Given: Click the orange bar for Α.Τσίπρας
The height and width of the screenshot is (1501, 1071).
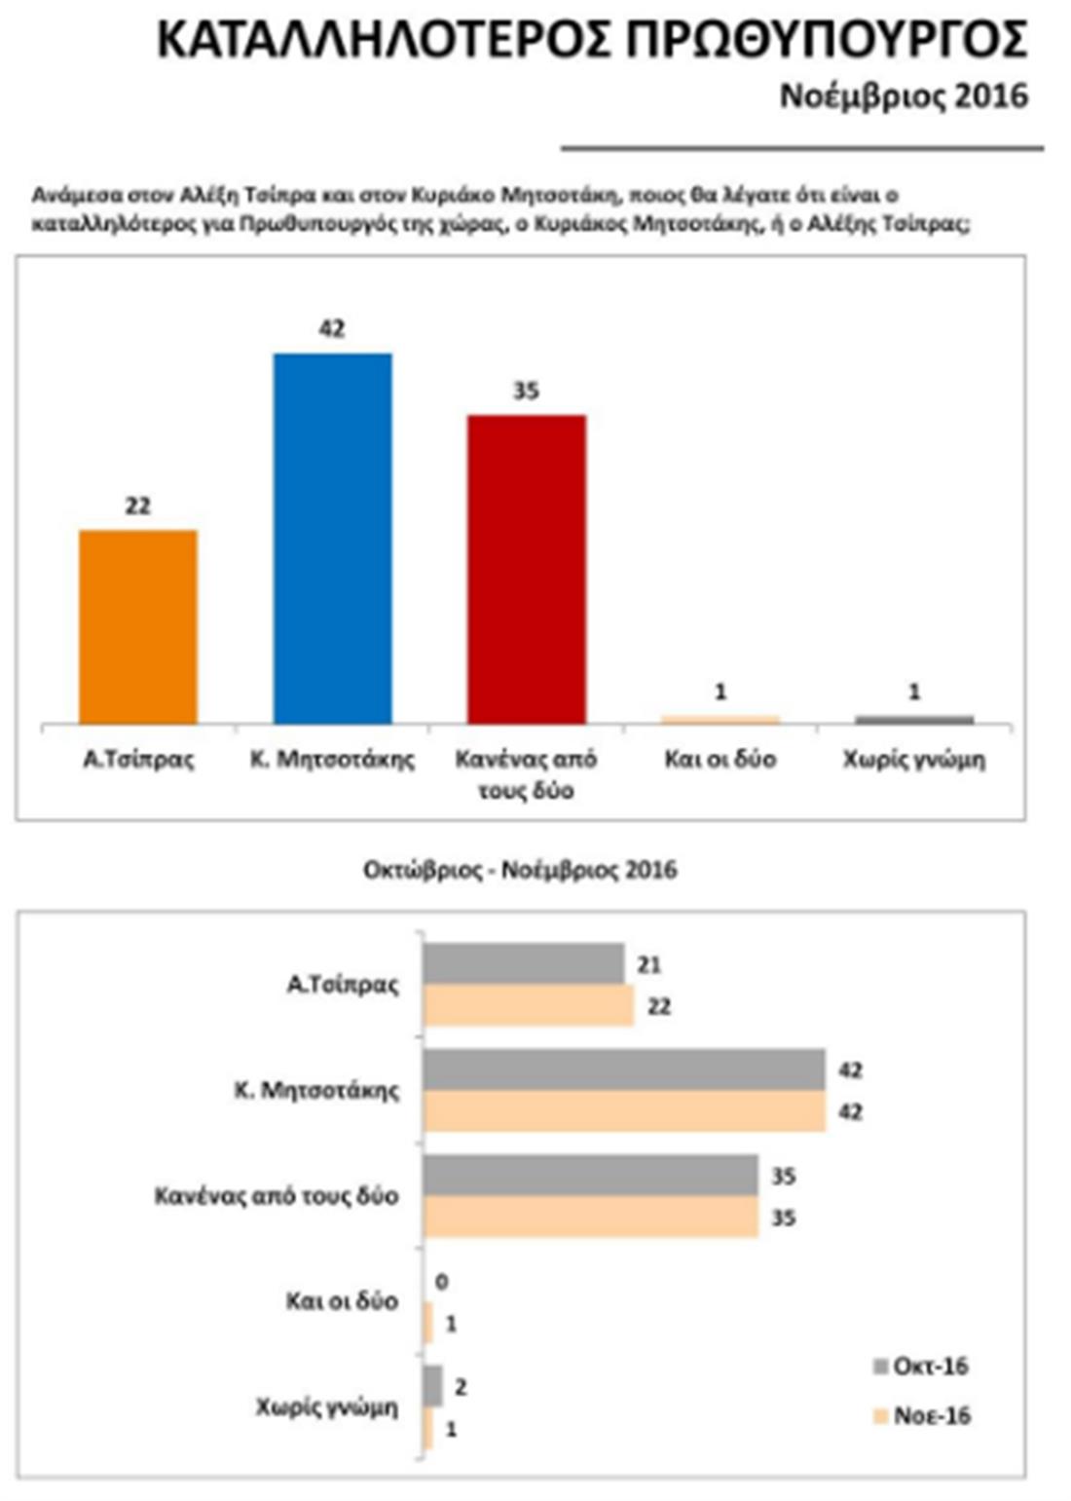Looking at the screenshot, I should [x=137, y=626].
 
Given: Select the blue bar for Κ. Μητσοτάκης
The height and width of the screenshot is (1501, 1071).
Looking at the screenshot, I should [x=332, y=538].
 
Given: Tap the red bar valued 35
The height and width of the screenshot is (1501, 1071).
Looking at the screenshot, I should [x=526, y=569].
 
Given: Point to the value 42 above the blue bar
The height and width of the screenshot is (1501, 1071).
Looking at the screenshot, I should [x=332, y=328].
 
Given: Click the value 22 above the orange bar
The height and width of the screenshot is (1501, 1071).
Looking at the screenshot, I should [x=137, y=506].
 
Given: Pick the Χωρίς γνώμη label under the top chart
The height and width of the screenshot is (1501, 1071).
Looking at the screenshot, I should [x=914, y=759].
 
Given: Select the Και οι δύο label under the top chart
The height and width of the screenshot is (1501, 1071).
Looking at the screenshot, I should [x=720, y=759].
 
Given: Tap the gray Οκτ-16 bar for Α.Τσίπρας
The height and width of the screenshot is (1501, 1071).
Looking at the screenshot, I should [x=524, y=963].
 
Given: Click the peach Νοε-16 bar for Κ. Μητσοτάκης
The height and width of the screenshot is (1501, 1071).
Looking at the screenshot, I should [x=624, y=1111].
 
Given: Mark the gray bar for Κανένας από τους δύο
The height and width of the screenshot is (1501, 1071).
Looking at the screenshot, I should [x=591, y=1176].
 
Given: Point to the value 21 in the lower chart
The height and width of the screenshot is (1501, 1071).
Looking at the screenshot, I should [x=649, y=964].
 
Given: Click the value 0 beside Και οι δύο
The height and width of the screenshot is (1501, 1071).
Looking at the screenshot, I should [x=441, y=1282].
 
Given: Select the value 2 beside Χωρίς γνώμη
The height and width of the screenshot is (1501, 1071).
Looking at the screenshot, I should [x=461, y=1386].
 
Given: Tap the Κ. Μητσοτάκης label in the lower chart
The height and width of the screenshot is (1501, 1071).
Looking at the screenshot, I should [x=317, y=1090].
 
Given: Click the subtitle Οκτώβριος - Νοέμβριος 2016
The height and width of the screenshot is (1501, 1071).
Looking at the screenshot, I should [x=520, y=869].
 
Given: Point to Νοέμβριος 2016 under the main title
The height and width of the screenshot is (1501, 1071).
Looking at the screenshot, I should [x=904, y=96].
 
